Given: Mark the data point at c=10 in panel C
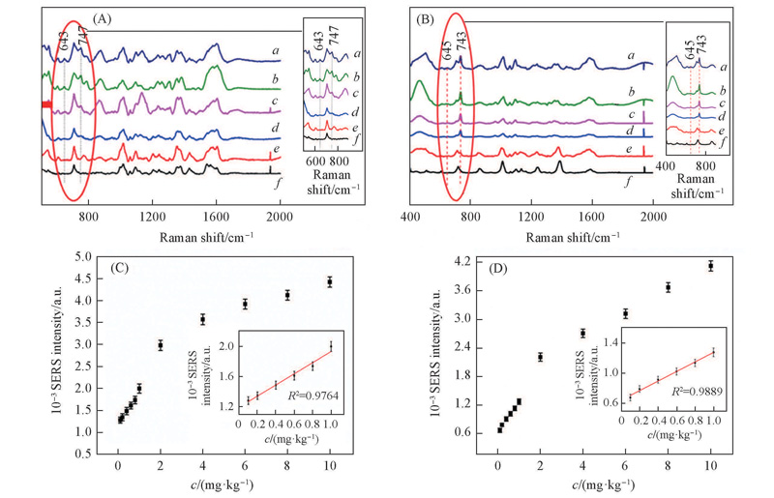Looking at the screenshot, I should tap(330, 281).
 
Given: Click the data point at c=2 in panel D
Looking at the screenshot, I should tap(540, 357).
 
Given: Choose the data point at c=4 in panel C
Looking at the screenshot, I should tap(202, 319).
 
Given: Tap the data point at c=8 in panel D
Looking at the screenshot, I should tap(668, 287).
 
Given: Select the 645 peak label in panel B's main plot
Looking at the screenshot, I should tap(446, 51).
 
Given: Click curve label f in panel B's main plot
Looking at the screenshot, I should tap(628, 182).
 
